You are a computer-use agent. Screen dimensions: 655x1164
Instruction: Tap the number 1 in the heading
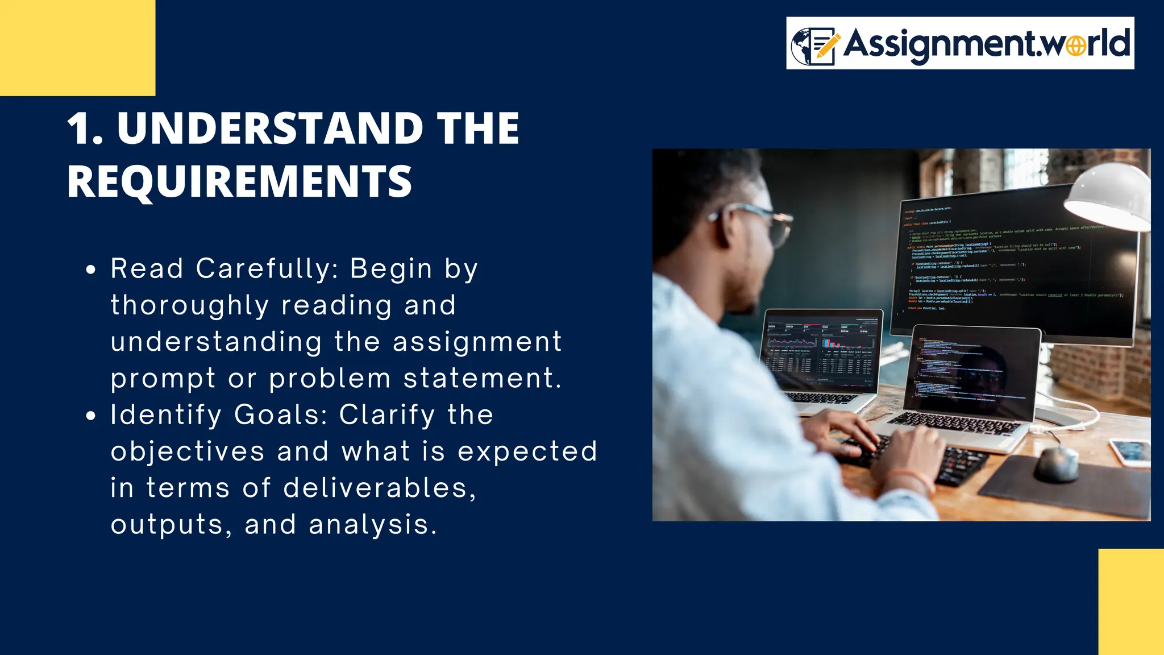click(x=80, y=128)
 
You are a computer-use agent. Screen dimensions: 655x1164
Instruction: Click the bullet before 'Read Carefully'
click(x=91, y=270)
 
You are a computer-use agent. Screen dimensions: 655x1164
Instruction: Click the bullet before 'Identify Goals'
click(x=91, y=416)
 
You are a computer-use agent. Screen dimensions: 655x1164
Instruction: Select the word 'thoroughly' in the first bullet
click(x=189, y=305)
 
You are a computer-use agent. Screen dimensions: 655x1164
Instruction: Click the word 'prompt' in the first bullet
click(x=163, y=379)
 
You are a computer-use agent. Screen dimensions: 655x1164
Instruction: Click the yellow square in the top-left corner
click(x=77, y=48)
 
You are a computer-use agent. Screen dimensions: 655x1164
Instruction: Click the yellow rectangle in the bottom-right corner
click(x=1131, y=602)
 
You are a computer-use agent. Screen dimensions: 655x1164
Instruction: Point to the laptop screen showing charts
click(x=821, y=351)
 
